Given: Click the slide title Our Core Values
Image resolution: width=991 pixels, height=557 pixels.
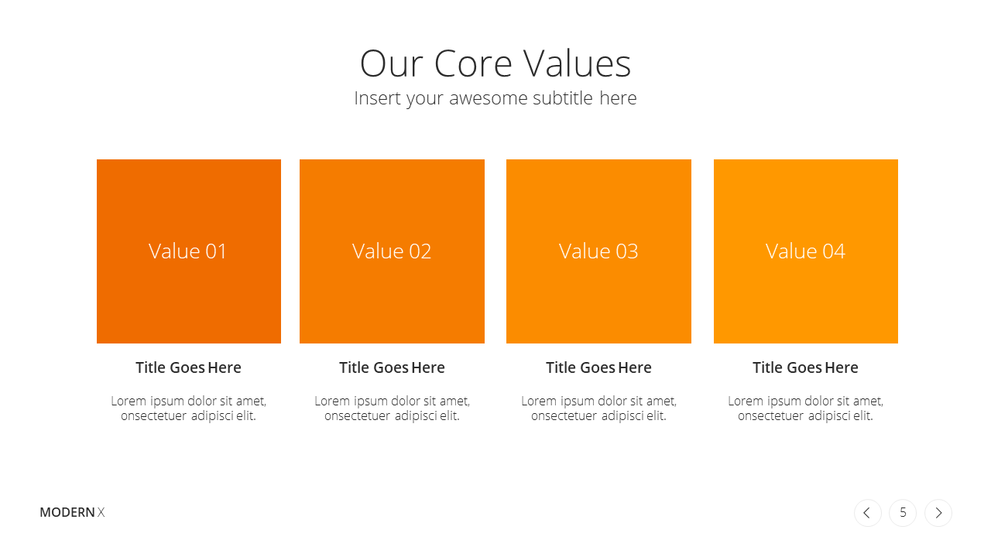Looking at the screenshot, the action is pos(495,63).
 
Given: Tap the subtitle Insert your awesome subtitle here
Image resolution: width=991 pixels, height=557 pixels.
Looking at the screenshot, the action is pos(495,98).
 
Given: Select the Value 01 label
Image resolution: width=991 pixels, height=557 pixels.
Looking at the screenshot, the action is pos(187,251).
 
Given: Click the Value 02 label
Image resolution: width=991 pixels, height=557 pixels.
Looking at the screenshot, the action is pos(392,251).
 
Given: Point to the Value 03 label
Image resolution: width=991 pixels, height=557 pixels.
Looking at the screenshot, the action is pos(598,251).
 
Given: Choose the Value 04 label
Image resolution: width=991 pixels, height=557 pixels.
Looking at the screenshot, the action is pos(806,251).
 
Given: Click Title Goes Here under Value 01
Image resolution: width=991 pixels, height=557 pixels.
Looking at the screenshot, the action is pos(188,367).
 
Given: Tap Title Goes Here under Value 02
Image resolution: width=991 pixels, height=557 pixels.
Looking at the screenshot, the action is pos(392,367).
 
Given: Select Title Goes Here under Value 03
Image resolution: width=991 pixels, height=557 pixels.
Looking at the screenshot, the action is pos(598,367).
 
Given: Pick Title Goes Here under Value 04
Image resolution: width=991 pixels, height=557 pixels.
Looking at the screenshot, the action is pos(806,367).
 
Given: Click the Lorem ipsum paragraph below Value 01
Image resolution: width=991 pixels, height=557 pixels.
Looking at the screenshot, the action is pos(188,408).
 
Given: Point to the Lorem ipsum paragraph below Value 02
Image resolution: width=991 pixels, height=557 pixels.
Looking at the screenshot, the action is pos(392,408).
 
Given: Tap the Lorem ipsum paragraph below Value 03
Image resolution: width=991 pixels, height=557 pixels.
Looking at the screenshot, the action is pos(598,408).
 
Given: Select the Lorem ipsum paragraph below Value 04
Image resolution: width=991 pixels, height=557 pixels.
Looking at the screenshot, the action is pos(806,408).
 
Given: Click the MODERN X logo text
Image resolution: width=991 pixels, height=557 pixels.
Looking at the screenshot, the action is pos(72,512).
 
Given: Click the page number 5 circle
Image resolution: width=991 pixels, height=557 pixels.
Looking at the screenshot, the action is pos(903,513).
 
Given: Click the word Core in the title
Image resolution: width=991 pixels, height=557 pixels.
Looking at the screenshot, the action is pos(473,63).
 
